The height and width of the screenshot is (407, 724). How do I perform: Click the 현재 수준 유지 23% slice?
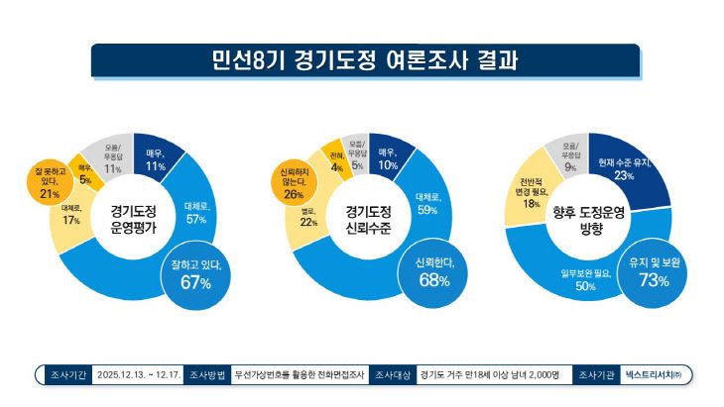coord(624,168)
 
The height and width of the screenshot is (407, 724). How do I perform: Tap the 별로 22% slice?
coord(307,218)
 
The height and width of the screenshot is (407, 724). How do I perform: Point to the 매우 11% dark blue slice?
coord(155,159)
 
